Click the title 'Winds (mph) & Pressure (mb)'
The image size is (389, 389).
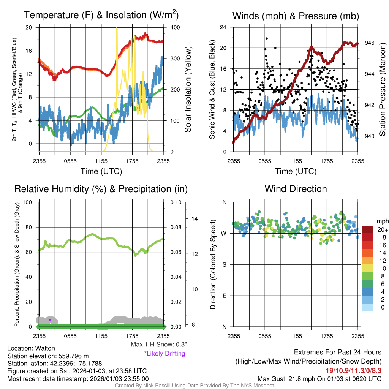tap(296, 16)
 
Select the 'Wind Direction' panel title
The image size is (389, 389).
tap(296, 189)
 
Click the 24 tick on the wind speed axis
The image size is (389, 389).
tap(223, 27)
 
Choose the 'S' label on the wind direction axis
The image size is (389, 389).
tap(225, 264)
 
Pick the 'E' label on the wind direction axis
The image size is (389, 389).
tap(225, 296)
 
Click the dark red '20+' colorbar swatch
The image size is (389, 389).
tap(368, 229)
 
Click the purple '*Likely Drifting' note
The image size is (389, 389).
tap(164, 353)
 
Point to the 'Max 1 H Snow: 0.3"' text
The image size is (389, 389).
tap(159, 345)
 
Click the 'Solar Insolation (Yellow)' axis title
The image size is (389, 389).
tap(188, 89)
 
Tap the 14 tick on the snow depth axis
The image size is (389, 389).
tap(194, 218)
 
